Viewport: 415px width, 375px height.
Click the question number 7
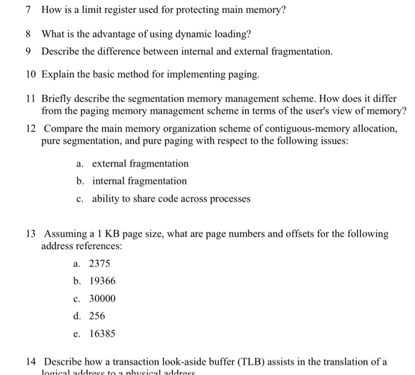(29, 11)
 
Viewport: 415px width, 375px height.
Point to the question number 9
(29, 52)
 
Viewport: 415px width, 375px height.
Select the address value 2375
(100, 263)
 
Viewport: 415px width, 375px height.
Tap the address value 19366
(102, 281)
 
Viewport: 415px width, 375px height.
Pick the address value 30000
(102, 298)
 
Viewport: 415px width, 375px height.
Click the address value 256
(97, 316)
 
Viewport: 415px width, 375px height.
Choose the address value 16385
(102, 333)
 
